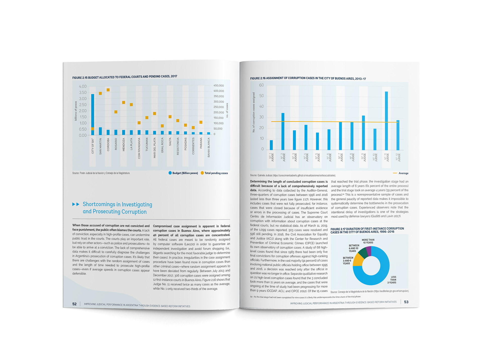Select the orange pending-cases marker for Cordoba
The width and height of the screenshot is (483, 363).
point(108,90)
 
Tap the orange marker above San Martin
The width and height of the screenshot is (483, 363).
point(100,94)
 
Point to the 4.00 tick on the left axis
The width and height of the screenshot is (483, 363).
point(83,86)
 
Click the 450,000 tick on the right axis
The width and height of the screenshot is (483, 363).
point(219,85)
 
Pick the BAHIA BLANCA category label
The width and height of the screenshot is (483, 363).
point(209,147)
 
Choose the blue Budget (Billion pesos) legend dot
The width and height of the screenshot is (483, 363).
point(170,173)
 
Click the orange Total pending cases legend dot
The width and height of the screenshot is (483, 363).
point(202,173)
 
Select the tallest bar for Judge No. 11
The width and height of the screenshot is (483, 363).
point(386,121)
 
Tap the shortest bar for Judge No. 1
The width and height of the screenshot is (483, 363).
point(271,145)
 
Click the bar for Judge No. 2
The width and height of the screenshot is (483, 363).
point(283,131)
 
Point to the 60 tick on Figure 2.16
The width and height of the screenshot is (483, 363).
point(261,85)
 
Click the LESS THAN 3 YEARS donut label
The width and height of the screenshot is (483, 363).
point(393,280)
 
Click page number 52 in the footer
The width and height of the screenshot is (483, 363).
point(74,304)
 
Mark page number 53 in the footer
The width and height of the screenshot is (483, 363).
point(406,302)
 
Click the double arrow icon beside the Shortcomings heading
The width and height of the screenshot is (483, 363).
point(76,204)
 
